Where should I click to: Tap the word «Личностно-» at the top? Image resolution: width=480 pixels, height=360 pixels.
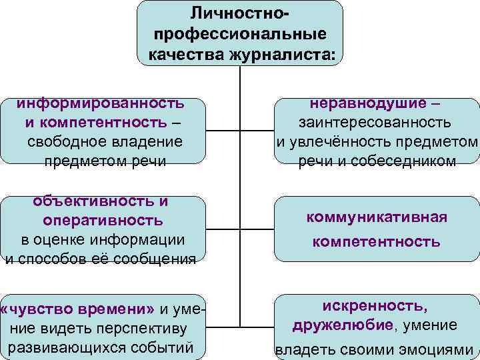(240, 13)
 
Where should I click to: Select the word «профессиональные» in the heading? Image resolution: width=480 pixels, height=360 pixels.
(240, 33)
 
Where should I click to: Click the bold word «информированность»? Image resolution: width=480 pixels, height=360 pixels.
(101, 103)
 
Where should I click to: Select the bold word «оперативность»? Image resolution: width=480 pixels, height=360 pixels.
(102, 220)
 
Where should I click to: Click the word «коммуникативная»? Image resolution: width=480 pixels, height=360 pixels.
(377, 217)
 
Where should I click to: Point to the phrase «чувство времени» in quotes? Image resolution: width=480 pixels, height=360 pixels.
(79, 309)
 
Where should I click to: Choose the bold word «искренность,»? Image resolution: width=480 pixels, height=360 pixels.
(375, 306)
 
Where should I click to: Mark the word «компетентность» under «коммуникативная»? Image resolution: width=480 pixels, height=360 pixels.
(377, 241)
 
